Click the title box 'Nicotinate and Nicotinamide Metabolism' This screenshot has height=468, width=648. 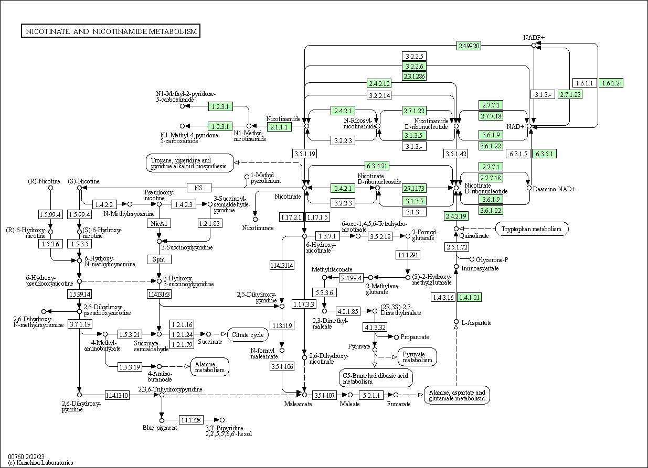click(111, 31)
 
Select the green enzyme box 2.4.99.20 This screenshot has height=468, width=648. click(469, 46)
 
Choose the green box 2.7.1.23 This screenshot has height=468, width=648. click(570, 94)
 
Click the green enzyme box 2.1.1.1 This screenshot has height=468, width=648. click(279, 127)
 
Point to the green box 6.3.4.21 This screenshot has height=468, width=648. click(377, 166)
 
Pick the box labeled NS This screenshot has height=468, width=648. click(198, 187)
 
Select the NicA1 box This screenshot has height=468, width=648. click(158, 223)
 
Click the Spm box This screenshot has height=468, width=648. click(158, 259)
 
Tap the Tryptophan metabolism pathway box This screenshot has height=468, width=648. click(532, 228)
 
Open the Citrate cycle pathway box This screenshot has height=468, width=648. click(247, 334)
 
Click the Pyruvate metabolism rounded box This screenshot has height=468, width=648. click(418, 356)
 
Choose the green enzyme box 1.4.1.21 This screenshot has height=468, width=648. click(470, 298)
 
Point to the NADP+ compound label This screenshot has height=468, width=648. click(534, 37)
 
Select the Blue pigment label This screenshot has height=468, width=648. click(160, 428)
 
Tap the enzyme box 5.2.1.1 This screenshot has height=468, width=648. click(373, 395)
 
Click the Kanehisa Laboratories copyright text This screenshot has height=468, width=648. click(40, 463)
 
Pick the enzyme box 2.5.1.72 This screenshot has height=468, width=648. click(456, 246)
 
